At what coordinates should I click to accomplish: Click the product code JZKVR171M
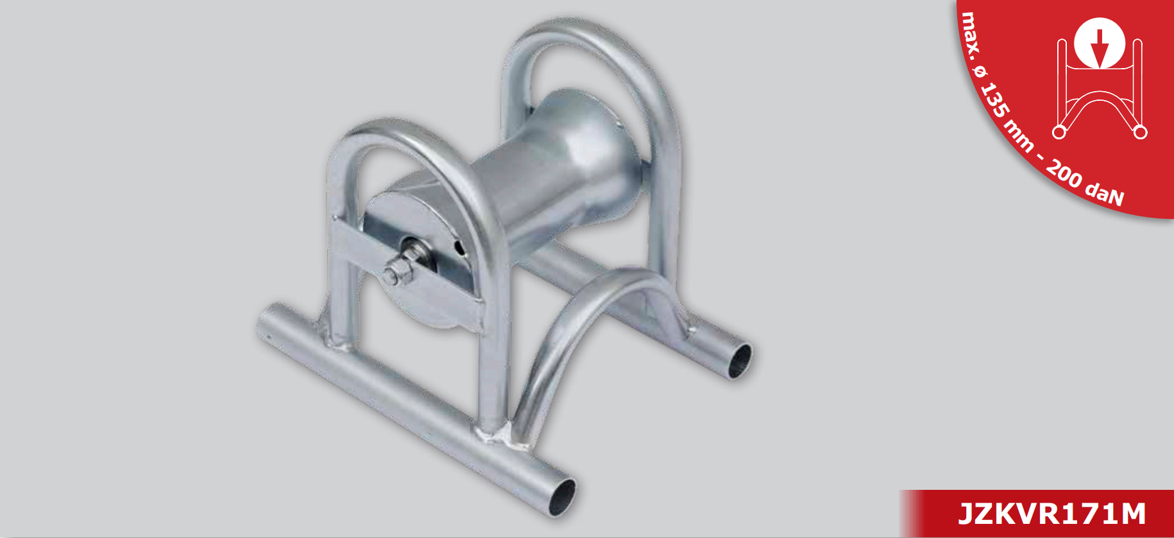pyautogui.click(x=1052, y=514)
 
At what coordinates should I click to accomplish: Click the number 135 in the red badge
pyautogui.click(x=995, y=101)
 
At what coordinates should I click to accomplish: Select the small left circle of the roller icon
pyautogui.click(x=1059, y=132)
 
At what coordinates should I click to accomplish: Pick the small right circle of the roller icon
pyautogui.click(x=1140, y=132)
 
